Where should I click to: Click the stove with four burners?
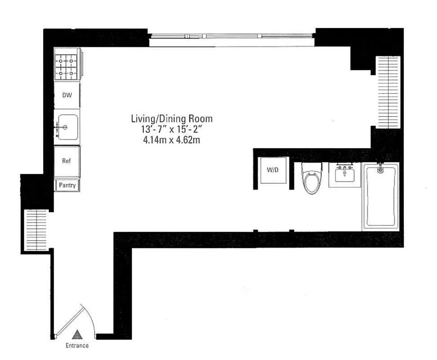point(67,66)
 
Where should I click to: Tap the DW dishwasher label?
point(67,95)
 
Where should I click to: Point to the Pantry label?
point(67,185)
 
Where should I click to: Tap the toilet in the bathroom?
point(311,178)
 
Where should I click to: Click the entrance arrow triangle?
point(77,334)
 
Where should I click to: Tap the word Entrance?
point(77,346)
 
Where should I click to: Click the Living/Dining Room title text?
point(171,119)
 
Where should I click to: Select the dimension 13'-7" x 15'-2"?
point(171,129)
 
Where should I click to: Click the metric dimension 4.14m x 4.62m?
point(171,139)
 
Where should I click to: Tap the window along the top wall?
point(232,36)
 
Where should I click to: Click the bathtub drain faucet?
point(380,169)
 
